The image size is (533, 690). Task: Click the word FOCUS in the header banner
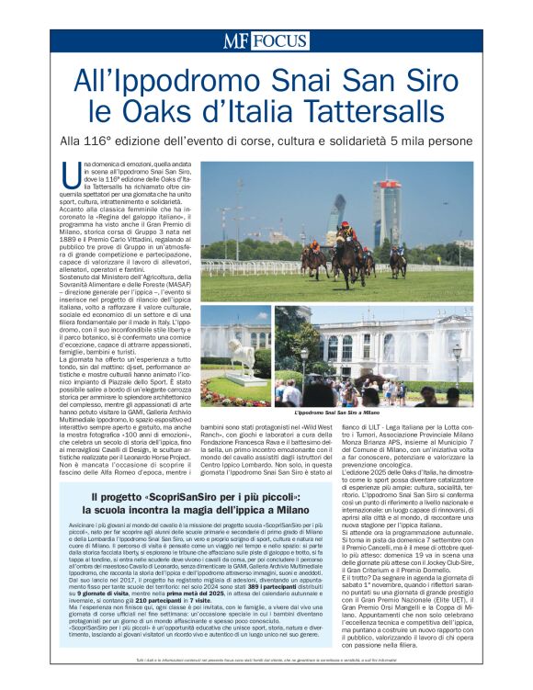279,40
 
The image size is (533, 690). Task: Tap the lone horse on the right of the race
397,262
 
